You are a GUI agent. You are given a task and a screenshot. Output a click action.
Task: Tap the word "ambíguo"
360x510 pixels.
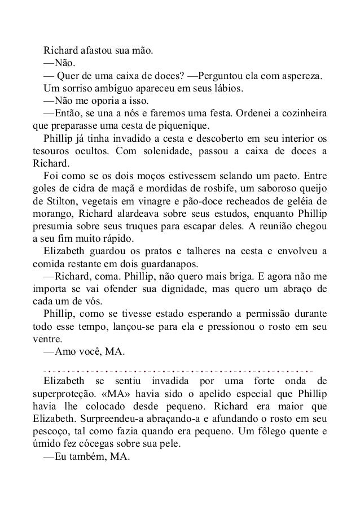point(104,89)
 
